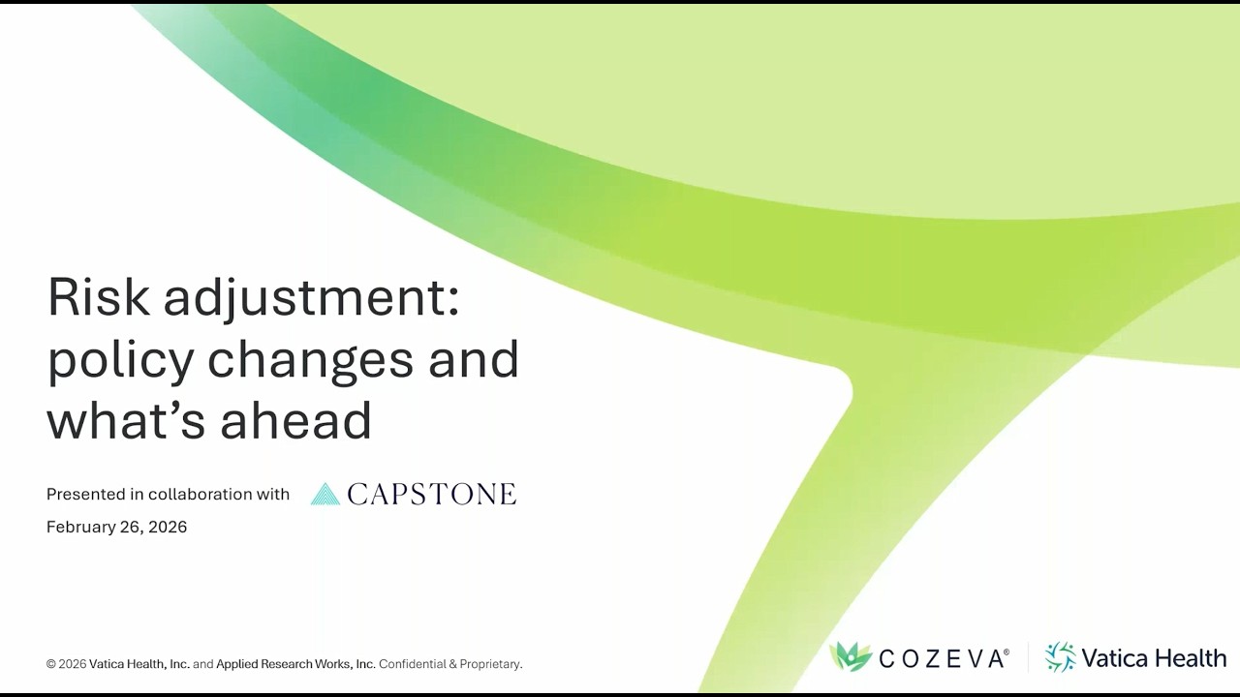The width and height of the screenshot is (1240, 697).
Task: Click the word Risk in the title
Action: coord(99,297)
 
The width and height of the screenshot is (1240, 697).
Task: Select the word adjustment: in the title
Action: coord(311,299)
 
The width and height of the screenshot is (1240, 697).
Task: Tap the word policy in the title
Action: coord(120,361)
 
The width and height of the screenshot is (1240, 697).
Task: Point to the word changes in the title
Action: coord(310,361)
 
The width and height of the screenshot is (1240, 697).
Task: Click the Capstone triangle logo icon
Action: coord(325,495)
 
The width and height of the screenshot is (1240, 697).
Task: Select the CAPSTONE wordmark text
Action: coord(431,495)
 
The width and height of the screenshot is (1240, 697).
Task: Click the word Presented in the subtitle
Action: coord(87,494)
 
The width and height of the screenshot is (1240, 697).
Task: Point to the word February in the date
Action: coord(82,528)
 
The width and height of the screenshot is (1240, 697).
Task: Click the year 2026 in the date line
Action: coord(168,527)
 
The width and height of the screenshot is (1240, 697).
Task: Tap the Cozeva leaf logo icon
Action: coord(851,657)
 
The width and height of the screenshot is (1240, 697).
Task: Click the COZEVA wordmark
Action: coord(943,659)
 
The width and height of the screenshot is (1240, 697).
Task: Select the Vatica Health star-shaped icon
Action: coord(1061,657)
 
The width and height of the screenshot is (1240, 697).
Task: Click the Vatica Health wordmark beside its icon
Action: coord(1153,658)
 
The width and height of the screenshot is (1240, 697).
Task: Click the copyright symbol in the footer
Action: coord(51,664)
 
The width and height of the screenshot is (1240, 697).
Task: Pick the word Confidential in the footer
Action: coord(412,664)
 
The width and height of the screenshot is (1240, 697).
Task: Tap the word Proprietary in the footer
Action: coord(490,664)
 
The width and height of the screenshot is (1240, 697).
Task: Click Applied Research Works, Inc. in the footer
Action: coord(295,664)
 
